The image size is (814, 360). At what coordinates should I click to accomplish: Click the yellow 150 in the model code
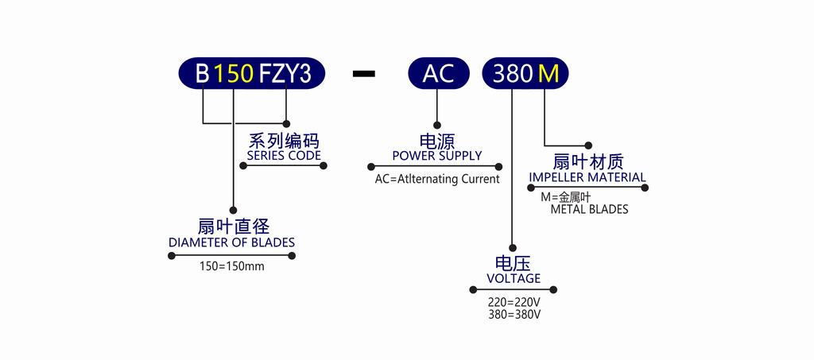click(x=234, y=74)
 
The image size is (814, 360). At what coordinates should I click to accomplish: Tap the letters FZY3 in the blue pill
click(x=285, y=74)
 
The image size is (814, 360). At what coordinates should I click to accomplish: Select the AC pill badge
click(x=439, y=74)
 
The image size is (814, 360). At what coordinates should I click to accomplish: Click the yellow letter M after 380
click(x=548, y=75)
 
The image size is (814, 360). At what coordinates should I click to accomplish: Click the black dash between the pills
click(x=363, y=74)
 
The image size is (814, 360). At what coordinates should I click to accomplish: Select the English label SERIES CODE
click(x=284, y=156)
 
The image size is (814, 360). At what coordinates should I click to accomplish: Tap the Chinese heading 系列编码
click(x=284, y=141)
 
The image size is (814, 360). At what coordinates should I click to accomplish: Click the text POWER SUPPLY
click(x=437, y=156)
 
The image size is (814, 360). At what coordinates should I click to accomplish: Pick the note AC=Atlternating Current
click(x=437, y=179)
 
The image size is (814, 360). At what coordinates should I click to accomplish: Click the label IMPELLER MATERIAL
click(x=587, y=177)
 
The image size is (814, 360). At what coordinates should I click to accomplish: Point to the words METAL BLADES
click(x=589, y=210)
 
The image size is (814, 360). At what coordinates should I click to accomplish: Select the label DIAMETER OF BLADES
click(x=231, y=242)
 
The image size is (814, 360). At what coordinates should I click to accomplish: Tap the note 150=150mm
click(x=232, y=267)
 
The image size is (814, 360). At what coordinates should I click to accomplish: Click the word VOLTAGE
click(x=514, y=279)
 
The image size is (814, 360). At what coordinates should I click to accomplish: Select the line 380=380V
click(x=514, y=315)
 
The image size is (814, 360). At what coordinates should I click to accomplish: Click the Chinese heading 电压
click(x=514, y=264)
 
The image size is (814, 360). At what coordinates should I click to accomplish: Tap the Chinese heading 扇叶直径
click(x=234, y=226)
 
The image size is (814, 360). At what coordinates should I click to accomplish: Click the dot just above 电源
click(x=437, y=125)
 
